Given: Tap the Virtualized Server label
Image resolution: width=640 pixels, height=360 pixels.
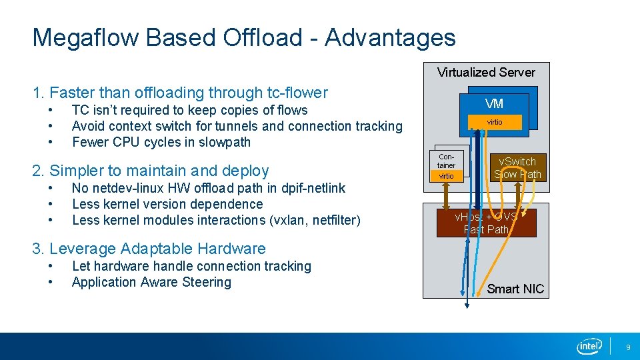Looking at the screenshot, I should coord(486,73).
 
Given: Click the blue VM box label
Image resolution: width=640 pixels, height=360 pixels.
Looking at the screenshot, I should coord(494,104).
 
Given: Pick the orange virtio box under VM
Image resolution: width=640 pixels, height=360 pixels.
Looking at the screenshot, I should coord(494,122).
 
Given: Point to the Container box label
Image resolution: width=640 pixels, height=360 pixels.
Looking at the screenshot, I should coord(446,161).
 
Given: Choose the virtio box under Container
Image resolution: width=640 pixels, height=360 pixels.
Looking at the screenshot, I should coord(446,176).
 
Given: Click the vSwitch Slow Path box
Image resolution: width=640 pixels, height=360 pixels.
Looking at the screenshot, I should coord(517,168).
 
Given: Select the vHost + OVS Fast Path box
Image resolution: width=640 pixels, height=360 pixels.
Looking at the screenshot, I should coord(486,223).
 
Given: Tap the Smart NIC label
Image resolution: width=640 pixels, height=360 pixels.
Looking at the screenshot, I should coord(515,289).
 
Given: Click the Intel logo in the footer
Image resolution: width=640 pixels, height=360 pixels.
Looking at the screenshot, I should coord(589,346).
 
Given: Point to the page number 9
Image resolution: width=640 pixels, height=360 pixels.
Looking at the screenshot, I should coord(627,347).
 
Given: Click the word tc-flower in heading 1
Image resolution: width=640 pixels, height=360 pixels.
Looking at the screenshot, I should coord(297,93).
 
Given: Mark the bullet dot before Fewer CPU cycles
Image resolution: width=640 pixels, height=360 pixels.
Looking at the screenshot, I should coord(50,142).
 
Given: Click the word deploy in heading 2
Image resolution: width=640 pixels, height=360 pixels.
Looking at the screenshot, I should coord(247,171).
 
